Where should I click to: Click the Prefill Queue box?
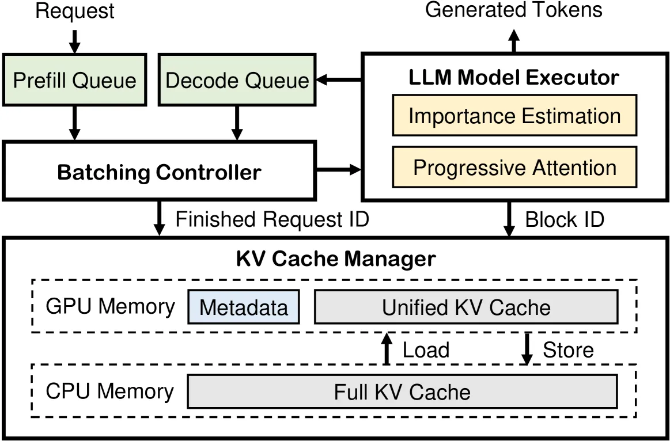tap(74, 80)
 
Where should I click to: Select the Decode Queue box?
tap(237, 80)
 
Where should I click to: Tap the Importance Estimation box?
tap(514, 116)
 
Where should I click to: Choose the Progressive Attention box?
tap(514, 168)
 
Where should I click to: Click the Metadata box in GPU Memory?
tap(244, 307)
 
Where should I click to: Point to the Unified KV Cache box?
tap(466, 307)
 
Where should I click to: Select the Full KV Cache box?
tap(403, 391)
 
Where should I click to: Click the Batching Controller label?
tap(159, 172)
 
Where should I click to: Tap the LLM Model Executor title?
tap(514, 77)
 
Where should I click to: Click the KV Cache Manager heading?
tap(336, 258)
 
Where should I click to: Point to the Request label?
tap(75, 11)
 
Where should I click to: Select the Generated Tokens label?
tap(514, 9)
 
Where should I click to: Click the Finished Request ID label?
tap(272, 219)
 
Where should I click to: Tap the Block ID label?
tap(565, 219)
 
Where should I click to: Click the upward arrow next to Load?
tap(387, 349)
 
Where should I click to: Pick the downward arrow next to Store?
tap(527, 349)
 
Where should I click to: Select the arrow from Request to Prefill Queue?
tap(75, 41)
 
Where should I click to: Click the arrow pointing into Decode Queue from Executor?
tap(338, 79)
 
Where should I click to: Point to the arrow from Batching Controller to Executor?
tap(339, 169)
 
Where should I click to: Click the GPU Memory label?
tap(110, 306)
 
